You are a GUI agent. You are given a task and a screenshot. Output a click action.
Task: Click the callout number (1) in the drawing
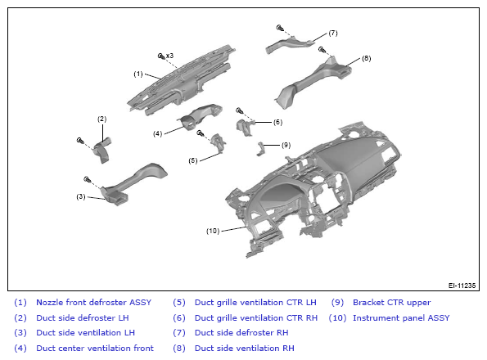[x=138, y=74]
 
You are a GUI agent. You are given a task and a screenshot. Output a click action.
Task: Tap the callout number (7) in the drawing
[x=332, y=33]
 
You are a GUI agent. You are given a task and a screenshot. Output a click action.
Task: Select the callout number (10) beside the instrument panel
[x=213, y=231]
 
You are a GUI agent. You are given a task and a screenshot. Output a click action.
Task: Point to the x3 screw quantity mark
[x=169, y=56]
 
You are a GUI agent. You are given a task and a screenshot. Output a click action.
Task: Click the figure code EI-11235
[x=462, y=286]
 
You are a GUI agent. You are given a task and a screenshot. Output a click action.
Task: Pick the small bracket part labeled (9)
[x=259, y=148]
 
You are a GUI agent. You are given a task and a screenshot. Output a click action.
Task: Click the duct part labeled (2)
[x=103, y=150]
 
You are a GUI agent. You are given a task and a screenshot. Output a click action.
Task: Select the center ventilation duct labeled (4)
[x=201, y=117]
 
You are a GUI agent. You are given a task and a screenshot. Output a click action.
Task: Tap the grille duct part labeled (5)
[x=219, y=142]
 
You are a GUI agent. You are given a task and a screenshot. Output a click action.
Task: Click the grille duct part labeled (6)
[x=245, y=127]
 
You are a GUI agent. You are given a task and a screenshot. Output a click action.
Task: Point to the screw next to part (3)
[x=88, y=179]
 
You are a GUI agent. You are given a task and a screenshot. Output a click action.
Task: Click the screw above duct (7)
[x=280, y=28]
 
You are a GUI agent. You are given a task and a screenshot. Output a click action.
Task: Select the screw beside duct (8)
[x=322, y=49]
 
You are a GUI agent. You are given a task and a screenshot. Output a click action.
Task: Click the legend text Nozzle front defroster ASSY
[x=94, y=302]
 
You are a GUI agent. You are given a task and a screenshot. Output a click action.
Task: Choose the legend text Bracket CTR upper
[x=392, y=302]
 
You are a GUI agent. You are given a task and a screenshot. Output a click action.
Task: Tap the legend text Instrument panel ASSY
[x=401, y=317]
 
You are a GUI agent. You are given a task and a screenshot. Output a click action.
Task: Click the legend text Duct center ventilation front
[x=95, y=349]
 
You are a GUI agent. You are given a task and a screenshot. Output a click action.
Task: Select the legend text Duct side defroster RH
[x=241, y=333]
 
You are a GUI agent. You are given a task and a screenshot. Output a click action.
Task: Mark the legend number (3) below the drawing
[x=20, y=333]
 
